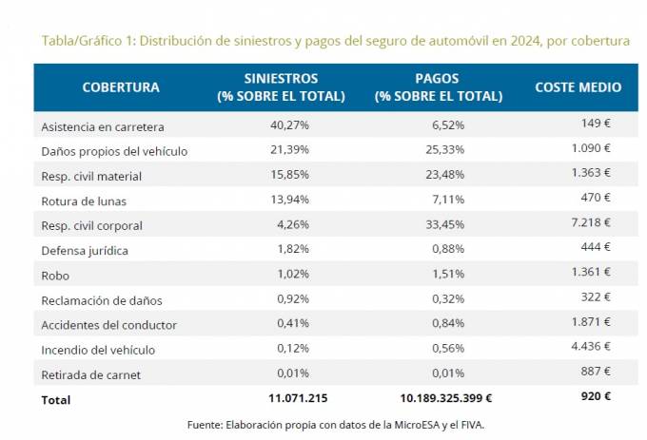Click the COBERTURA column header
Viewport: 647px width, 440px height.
(121, 87)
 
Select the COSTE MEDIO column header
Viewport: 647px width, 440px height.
(578, 87)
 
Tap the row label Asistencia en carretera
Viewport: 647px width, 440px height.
(103, 126)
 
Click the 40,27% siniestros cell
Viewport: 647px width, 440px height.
(289, 125)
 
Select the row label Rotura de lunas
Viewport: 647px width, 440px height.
(84, 201)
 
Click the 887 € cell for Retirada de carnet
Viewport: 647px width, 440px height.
(598, 372)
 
